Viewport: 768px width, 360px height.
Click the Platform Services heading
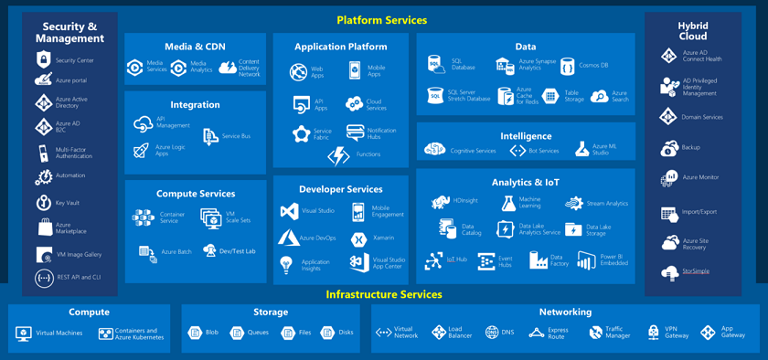tap(381, 20)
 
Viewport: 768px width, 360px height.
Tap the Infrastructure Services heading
tap(384, 294)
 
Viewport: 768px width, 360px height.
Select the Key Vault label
tap(68, 203)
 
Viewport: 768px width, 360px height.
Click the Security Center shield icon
tap(43, 60)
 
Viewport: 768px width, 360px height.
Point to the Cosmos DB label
tap(592, 66)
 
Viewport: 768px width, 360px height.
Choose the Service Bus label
tap(236, 136)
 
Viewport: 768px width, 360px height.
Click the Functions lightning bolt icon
tap(338, 156)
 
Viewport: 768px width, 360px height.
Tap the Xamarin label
tap(383, 238)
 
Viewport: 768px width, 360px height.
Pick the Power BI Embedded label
tap(613, 260)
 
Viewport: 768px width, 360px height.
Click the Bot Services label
tap(544, 151)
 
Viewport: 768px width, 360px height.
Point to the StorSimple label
tap(695, 271)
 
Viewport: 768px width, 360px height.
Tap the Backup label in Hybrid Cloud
tap(690, 147)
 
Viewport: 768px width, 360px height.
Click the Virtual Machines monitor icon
tap(25, 334)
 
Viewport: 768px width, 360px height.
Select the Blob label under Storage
tap(212, 333)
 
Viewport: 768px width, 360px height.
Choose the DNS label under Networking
tap(507, 333)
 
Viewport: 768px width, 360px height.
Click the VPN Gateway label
tap(677, 333)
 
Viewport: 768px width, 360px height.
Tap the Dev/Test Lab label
tap(237, 251)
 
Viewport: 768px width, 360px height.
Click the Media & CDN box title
tap(195, 47)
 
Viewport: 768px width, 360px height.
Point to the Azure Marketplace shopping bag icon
tap(44, 228)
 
